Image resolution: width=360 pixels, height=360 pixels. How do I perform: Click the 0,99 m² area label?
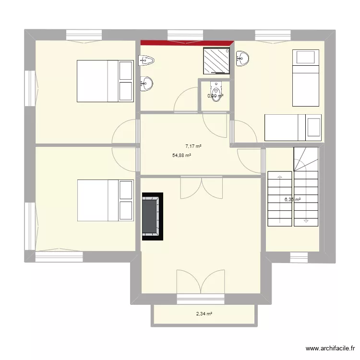(215, 96)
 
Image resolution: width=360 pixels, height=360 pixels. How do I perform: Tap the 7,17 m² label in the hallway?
(193, 146)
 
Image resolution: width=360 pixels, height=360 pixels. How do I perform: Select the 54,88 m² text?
(182, 156)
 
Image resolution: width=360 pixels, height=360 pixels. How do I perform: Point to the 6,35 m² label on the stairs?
(292, 200)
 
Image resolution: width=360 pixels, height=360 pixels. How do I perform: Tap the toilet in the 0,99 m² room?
(216, 89)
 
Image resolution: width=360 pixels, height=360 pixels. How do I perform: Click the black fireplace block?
(152, 216)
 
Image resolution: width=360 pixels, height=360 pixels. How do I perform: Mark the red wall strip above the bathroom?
(186, 43)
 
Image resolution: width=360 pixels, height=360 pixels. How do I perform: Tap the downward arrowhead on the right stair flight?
(306, 221)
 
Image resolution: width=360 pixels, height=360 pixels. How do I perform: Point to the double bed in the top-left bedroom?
(105, 81)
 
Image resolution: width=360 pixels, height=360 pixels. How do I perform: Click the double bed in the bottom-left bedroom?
(105, 201)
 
